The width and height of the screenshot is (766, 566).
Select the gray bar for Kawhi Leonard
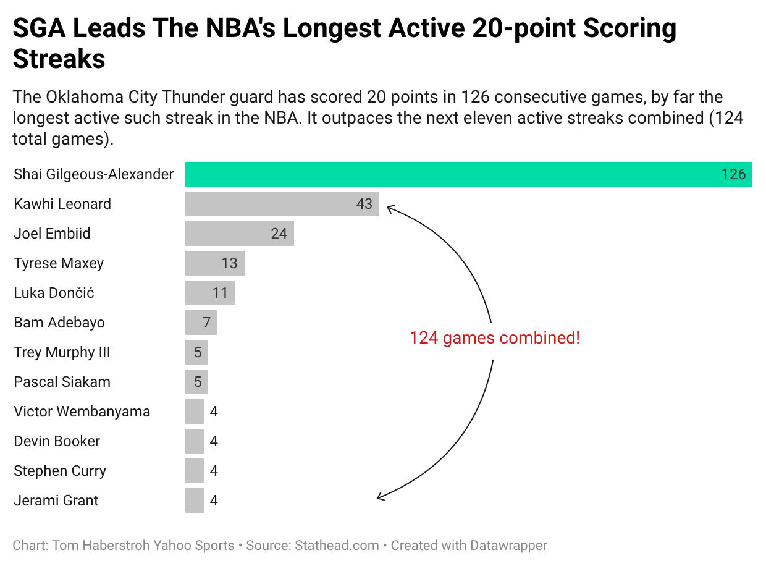click(272, 204)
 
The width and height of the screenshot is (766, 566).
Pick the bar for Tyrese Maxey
click(204, 263)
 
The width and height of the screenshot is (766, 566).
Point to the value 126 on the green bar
click(733, 174)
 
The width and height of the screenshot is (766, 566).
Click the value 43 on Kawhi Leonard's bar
click(364, 204)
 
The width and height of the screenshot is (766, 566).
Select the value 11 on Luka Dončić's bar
click(221, 293)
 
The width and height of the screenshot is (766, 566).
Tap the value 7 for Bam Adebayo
click(207, 323)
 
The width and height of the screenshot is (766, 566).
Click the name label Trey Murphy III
click(62, 352)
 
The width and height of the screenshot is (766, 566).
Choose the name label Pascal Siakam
click(62, 382)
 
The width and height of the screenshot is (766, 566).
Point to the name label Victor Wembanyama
click(82, 412)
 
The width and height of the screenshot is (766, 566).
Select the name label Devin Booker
click(57, 441)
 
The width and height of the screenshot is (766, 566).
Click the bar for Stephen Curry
click(195, 471)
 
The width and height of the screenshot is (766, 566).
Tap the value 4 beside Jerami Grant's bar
click(214, 501)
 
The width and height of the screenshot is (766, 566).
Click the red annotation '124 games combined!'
click(494, 338)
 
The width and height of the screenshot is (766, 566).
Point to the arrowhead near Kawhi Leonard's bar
click(389, 209)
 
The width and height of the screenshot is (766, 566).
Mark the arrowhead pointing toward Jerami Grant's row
click(380, 496)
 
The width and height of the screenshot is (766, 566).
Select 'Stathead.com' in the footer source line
click(337, 546)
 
